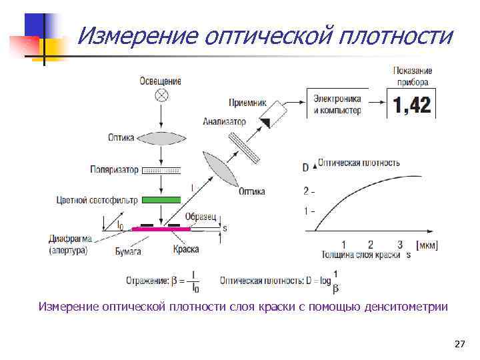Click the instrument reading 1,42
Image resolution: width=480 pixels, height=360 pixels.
[412, 105]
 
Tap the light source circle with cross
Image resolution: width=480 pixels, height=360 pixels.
[161, 94]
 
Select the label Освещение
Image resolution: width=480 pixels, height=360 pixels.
[160, 81]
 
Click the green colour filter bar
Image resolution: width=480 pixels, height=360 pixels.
[161, 199]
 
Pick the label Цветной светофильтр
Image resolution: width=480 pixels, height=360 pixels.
[97, 200]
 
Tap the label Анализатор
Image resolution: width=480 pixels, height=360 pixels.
[225, 122]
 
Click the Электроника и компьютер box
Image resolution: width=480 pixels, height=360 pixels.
[337, 104]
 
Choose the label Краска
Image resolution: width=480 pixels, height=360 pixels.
[185, 249]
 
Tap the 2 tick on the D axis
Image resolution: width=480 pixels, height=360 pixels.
[306, 191]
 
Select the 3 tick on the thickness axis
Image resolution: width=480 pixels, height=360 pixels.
[399, 245]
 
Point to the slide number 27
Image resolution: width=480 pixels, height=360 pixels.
[459, 344]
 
